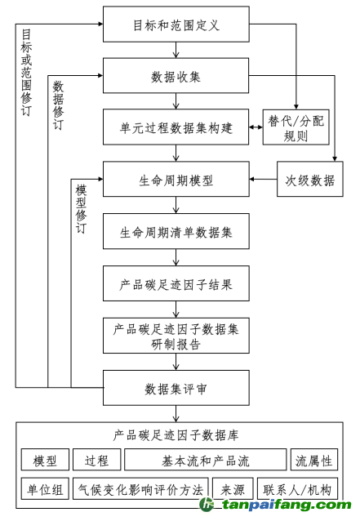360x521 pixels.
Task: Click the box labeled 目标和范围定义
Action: pos(176,24)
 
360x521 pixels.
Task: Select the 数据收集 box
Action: pos(176,77)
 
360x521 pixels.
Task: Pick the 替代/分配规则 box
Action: pos(296,128)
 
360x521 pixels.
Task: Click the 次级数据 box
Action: pos(310,180)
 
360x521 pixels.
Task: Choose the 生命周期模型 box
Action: pos(176,179)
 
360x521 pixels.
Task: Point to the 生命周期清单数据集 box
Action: pos(176,231)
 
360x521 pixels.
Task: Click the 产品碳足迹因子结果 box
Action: pos(176,284)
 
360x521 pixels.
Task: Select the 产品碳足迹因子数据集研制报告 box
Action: pos(176,336)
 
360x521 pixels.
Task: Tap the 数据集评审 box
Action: pos(176,388)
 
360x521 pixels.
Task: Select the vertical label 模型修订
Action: pos(81,208)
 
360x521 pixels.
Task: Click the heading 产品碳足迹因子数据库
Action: pos(176,435)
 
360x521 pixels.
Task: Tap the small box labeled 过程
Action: pos(96,461)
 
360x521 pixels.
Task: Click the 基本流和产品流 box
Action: pos(206,461)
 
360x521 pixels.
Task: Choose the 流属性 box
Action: pos(314,461)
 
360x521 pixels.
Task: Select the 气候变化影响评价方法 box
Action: pos(140,489)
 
